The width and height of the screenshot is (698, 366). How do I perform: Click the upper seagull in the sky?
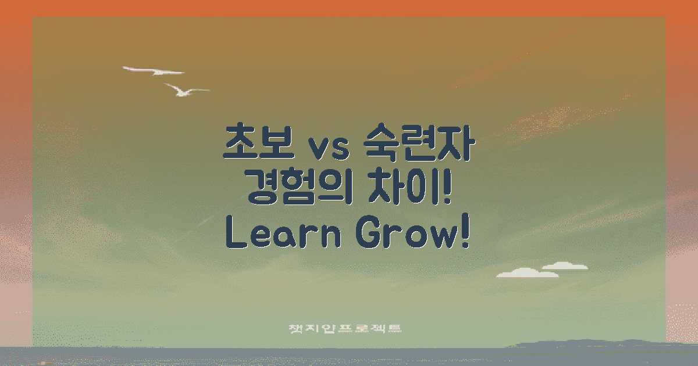(x=154, y=71)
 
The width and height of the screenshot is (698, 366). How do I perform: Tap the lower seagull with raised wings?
(x=185, y=90)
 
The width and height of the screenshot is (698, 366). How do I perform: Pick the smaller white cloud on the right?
(x=564, y=266)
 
